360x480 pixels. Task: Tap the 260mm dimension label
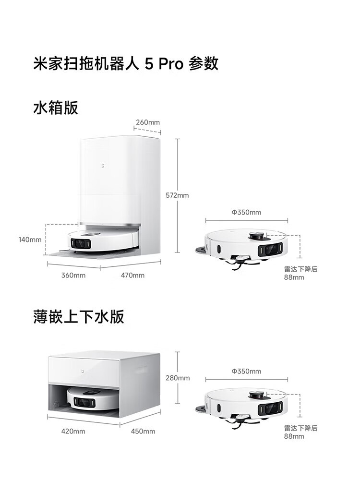[x=147, y=122]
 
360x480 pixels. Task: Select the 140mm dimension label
[x=30, y=240]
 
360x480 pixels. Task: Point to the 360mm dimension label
[x=73, y=275]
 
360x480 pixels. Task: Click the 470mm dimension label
[x=132, y=275]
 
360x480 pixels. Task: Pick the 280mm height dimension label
[x=178, y=378]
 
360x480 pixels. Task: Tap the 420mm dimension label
[x=73, y=431]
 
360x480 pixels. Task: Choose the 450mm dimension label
[x=143, y=431]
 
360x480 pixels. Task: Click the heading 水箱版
[x=55, y=108]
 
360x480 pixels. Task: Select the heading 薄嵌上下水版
[x=79, y=317]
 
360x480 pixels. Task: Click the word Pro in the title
[x=170, y=63]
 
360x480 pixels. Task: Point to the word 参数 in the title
[x=204, y=63]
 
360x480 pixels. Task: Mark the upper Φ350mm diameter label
[x=246, y=212]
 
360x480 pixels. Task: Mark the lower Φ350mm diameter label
[x=246, y=371]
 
